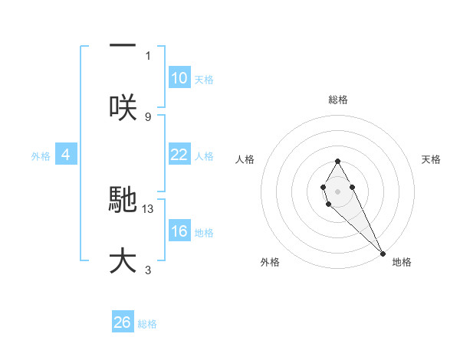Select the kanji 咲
coord(123,108)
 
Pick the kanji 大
coord(123,260)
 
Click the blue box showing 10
coord(179,78)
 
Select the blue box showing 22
coord(179,155)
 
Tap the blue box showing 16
coord(179,231)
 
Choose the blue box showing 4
coord(66,155)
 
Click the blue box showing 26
coord(123,322)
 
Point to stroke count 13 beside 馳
coord(149,208)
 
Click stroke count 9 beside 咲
coord(148,116)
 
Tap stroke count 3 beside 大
coord(148,270)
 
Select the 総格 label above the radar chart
coord(338,100)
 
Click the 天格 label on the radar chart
coord(431,159)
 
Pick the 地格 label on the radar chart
coord(402,262)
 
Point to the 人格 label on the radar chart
coord(245,159)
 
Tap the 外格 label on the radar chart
coord(270,262)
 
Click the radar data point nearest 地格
coord(383,253)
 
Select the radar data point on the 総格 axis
coord(337,161)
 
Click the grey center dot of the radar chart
coord(337,190)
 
